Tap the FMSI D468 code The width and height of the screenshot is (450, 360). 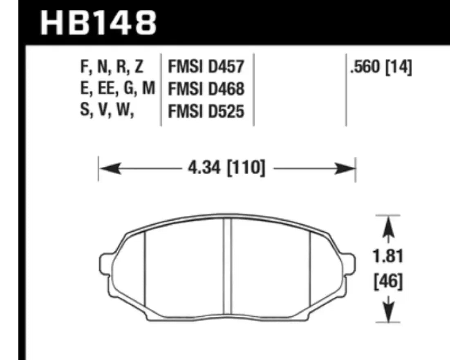click(206, 89)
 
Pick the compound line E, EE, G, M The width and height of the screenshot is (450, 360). click(118, 89)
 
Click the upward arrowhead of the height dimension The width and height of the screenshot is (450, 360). click(388, 227)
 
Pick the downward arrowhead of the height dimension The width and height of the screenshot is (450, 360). click(388, 312)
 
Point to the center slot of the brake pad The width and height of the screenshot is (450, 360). click(228, 268)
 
